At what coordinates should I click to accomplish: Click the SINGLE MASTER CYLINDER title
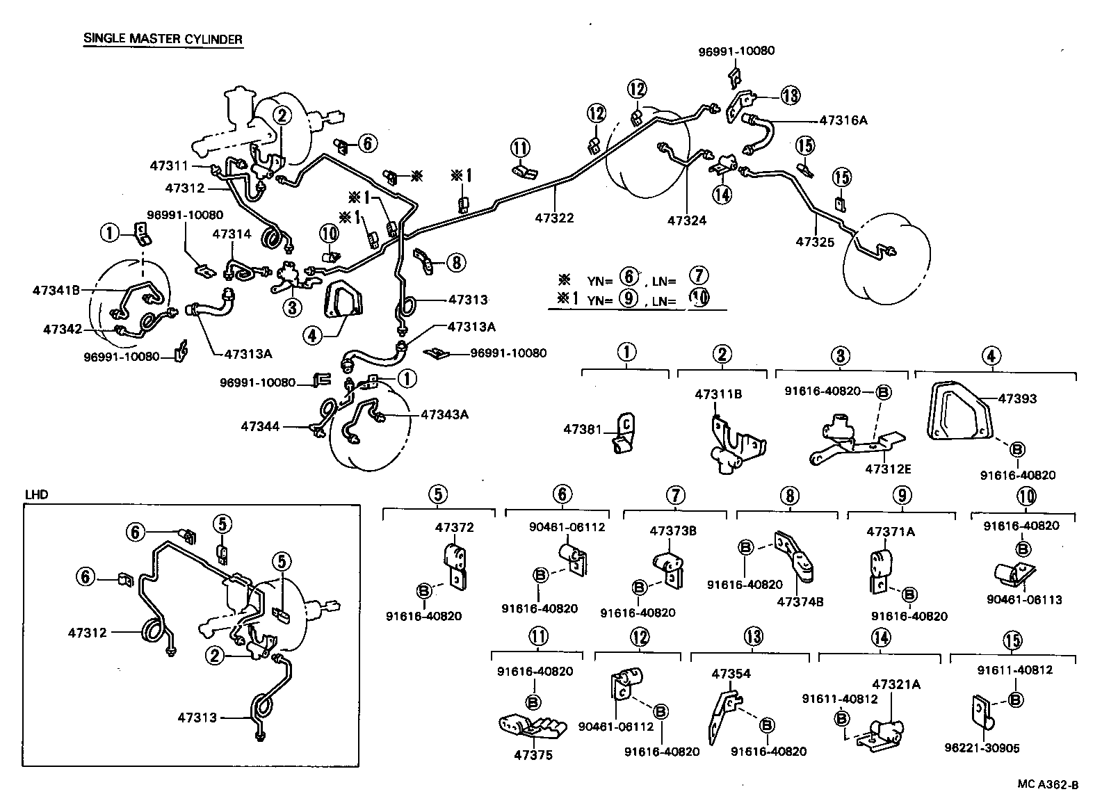coord(163,39)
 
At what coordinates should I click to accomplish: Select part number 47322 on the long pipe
coord(554,218)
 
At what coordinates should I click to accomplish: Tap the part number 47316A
coord(843,120)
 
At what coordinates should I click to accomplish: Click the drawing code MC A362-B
coord(1048,785)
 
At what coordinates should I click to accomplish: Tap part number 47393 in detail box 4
coord(1017,398)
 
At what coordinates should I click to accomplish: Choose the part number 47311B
coord(718,394)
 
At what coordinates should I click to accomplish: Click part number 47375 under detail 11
coord(533,755)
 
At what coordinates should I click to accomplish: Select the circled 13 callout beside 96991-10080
coord(790,95)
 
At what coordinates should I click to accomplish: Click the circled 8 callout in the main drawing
coord(455,262)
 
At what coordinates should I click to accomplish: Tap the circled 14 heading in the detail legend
coord(880,638)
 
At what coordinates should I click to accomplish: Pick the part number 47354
coord(731,673)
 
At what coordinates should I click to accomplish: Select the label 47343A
coord(444,414)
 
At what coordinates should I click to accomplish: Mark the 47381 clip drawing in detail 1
coord(624,435)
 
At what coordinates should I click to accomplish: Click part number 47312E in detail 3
coord(888,469)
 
